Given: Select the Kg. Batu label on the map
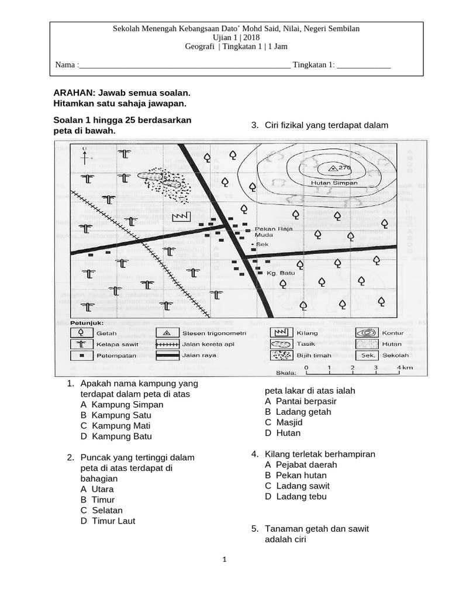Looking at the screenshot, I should click(279, 273).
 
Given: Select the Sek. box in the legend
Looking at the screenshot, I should click(368, 355).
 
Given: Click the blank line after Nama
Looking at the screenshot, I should click(184, 65).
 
